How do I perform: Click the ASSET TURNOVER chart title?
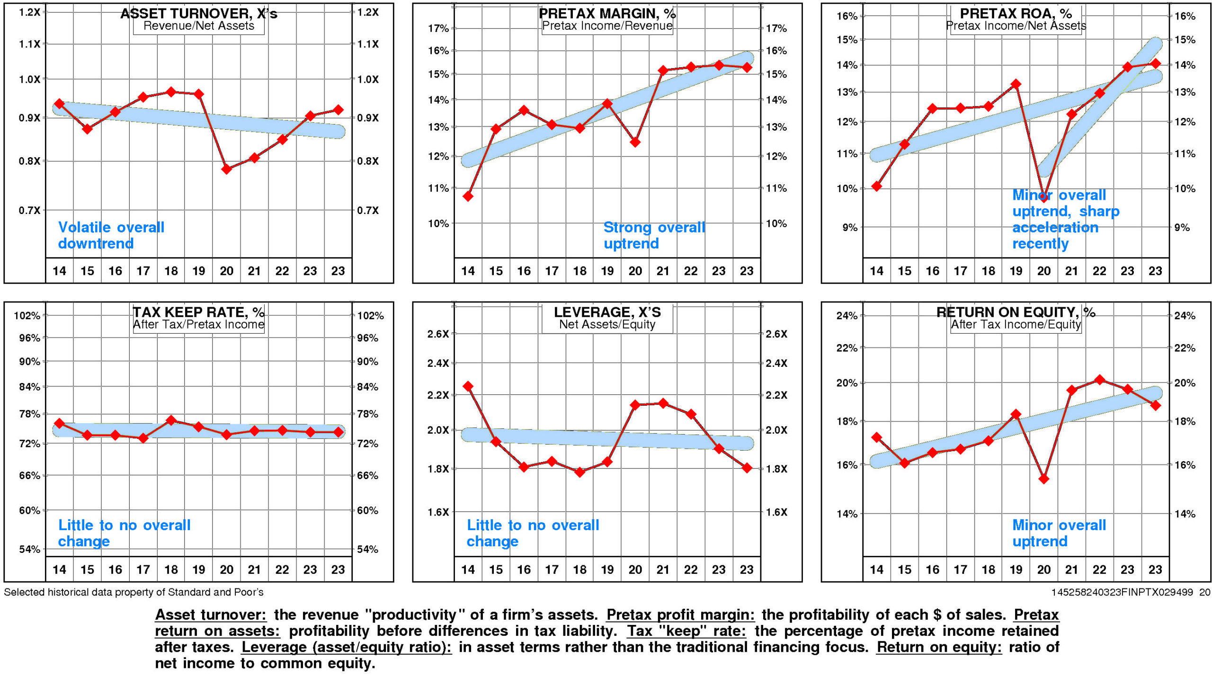pos(198,13)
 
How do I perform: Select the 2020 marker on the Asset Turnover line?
pos(226,169)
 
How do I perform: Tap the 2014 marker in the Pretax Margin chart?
pos(468,196)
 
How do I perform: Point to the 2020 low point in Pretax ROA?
pos(1043,197)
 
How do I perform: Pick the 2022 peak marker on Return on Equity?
pos(1099,380)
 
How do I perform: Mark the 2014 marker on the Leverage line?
pos(468,386)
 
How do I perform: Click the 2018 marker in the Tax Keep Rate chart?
pos(171,420)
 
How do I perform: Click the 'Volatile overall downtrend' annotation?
pos(111,235)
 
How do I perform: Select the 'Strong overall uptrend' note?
pos(654,235)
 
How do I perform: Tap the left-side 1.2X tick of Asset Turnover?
pos(29,12)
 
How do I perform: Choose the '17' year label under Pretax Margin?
pos(552,271)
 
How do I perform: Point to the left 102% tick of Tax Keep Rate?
pos(27,316)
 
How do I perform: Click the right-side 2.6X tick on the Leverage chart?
pos(776,334)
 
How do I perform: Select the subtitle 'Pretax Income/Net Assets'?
pos(1016,26)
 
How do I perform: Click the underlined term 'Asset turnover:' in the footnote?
pos(211,614)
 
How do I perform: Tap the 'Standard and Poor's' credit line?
pos(134,592)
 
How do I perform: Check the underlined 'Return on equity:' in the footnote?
pos(938,647)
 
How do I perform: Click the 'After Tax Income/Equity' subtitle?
pos(1016,324)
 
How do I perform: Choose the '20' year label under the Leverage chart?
pos(635,569)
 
